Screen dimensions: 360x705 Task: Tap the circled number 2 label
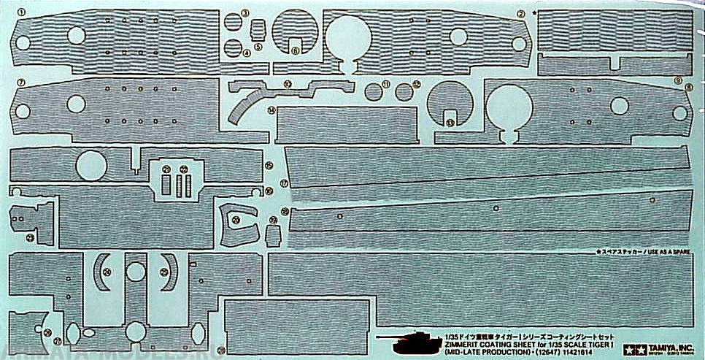tap(520, 13)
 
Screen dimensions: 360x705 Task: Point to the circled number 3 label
tap(245, 12)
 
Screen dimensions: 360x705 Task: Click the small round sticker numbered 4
tap(233, 47)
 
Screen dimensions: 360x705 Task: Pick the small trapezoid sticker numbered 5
tap(258, 30)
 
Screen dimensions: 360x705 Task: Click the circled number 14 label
tap(271, 110)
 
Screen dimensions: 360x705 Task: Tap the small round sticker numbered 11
tap(373, 91)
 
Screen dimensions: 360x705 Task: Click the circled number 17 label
tap(285, 182)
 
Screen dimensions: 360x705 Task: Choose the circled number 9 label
tap(678, 80)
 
